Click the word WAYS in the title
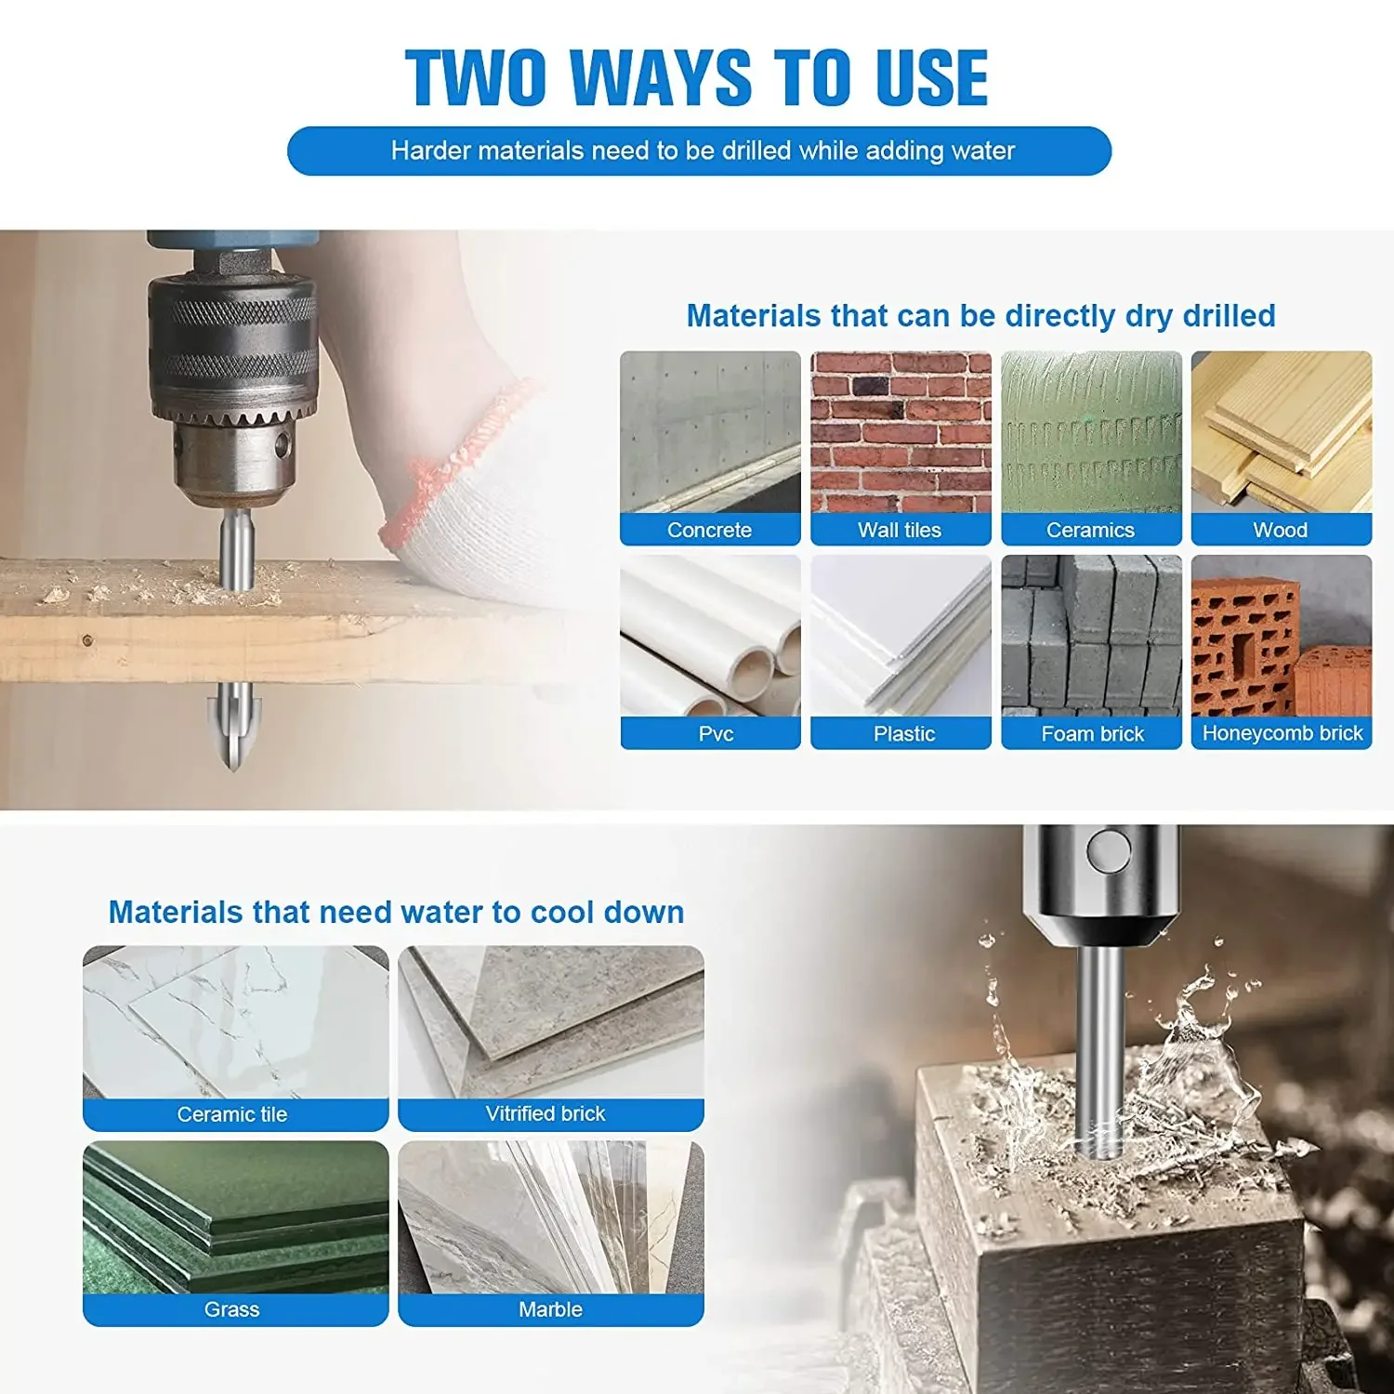click(x=661, y=77)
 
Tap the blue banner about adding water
click(x=699, y=151)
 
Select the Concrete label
click(x=710, y=530)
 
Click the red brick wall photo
click(x=901, y=432)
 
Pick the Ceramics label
click(x=1091, y=530)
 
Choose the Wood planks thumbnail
click(x=1282, y=432)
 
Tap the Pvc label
click(x=716, y=733)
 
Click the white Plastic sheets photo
click(x=901, y=636)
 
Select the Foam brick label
click(x=1092, y=733)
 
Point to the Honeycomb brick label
click(x=1282, y=733)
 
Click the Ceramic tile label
click(x=232, y=1114)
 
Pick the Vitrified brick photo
click(x=551, y=1022)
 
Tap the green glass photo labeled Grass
click(x=235, y=1217)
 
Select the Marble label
click(x=551, y=1309)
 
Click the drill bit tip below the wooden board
click(x=232, y=768)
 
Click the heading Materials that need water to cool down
click(x=396, y=912)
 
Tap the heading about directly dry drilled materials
click(x=980, y=316)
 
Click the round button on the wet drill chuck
click(x=1109, y=850)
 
